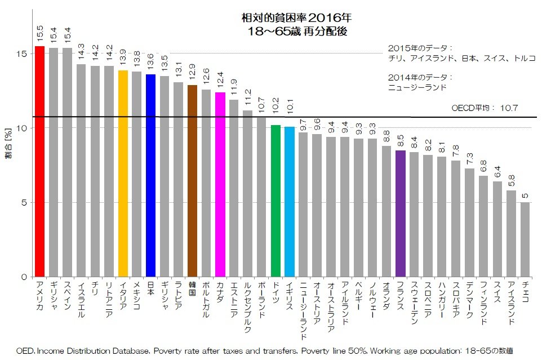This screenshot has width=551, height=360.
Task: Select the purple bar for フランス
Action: pyautogui.click(x=400, y=214)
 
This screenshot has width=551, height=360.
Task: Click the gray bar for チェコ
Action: pyautogui.click(x=525, y=239)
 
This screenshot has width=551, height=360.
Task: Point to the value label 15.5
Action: pyautogui.click(x=40, y=33)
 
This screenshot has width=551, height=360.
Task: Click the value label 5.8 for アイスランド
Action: pyautogui.click(x=511, y=180)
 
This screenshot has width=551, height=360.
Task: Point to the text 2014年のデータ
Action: pyautogui.click(x=420, y=77)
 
